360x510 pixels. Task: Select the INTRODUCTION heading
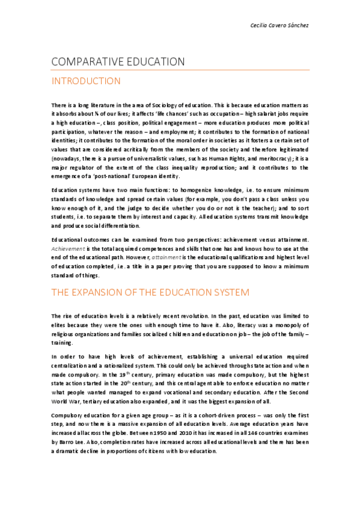pyautogui.click(x=86, y=81)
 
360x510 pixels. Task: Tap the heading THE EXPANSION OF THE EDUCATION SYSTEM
pyautogui.click(x=150, y=293)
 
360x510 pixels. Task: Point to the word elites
pyautogui.click(x=60, y=325)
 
